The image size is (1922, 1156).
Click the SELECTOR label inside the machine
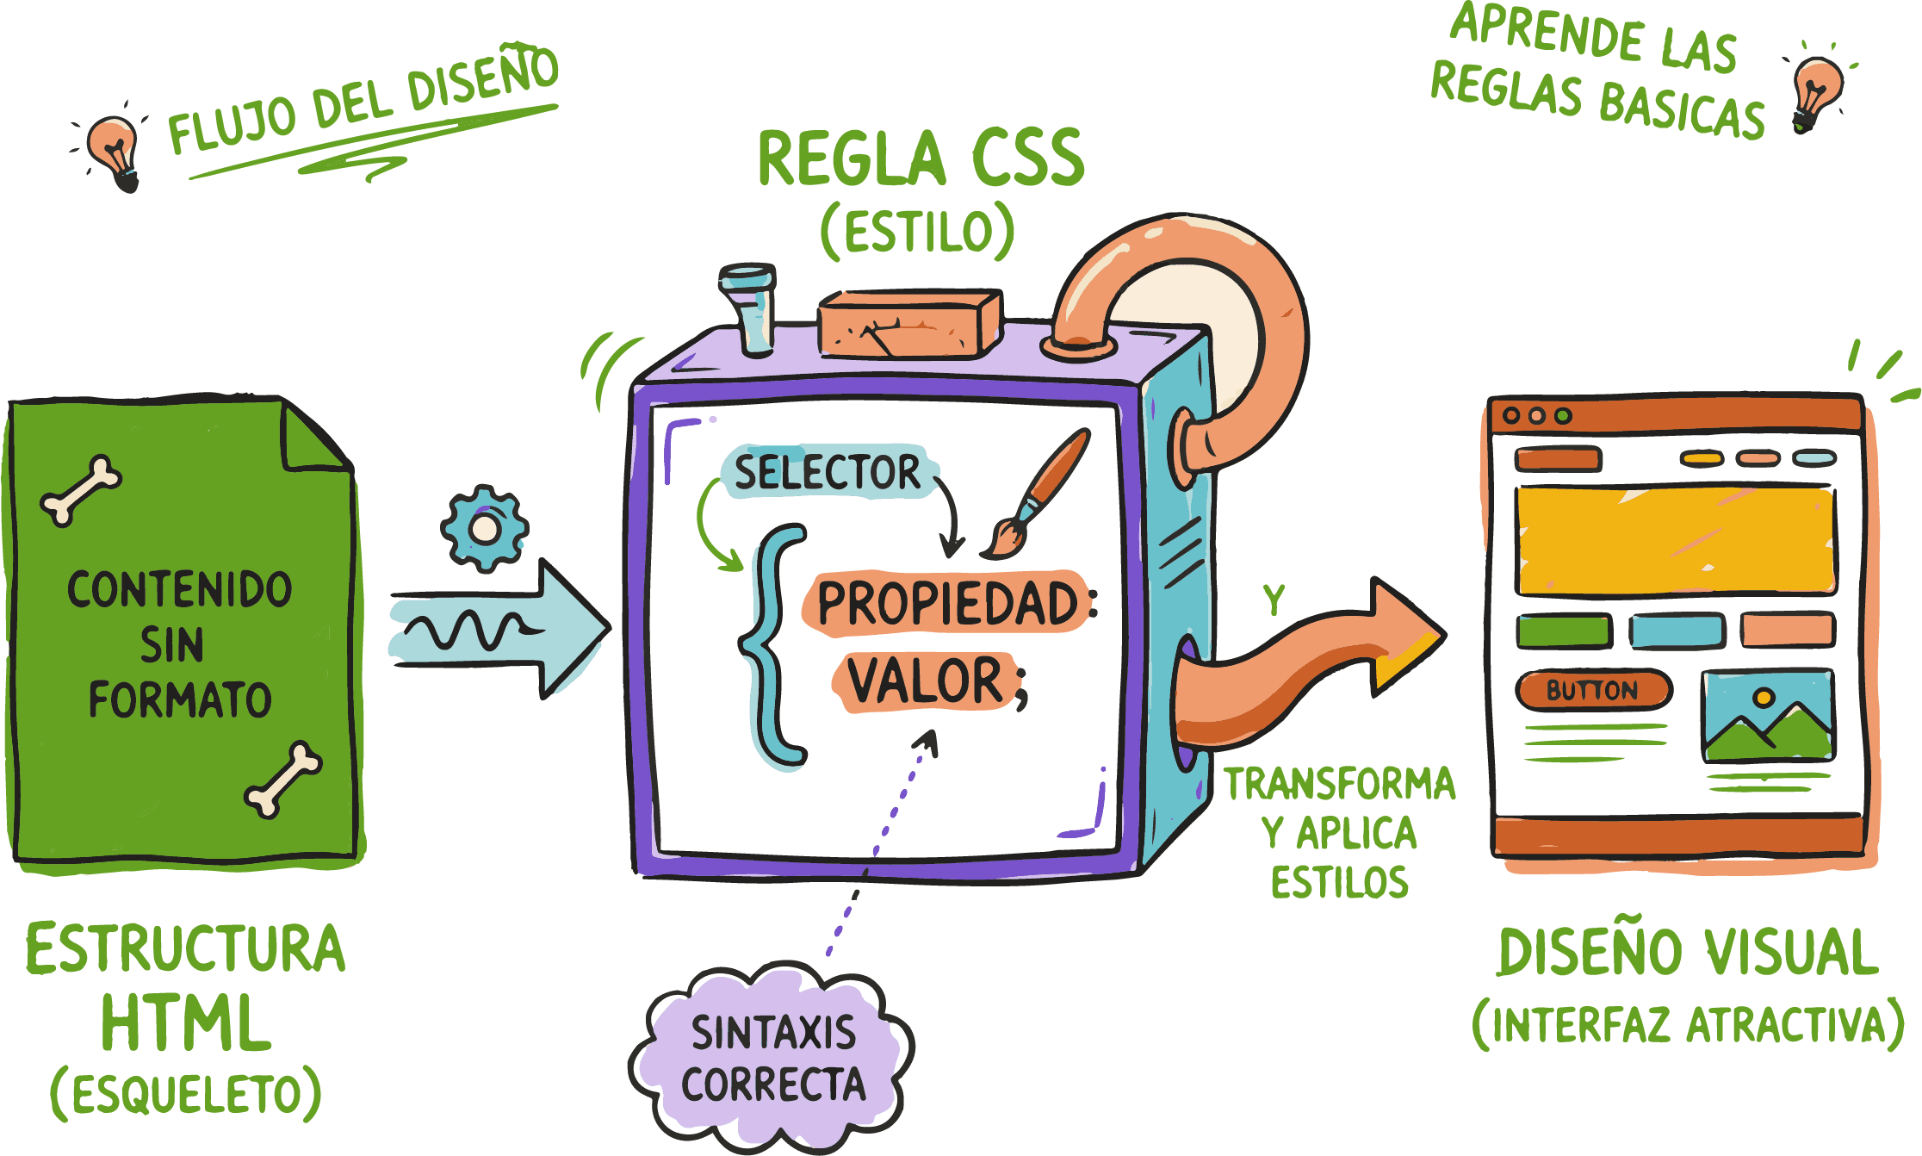(x=827, y=472)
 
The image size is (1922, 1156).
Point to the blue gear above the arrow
(x=484, y=528)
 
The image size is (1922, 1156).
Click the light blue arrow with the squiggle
(x=499, y=630)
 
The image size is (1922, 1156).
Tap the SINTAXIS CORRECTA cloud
(x=772, y=1058)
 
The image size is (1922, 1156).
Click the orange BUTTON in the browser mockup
(x=1592, y=691)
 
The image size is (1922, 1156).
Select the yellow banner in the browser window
(x=1675, y=541)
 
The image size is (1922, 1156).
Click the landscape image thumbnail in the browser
(x=1768, y=716)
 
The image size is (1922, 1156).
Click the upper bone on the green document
(x=81, y=490)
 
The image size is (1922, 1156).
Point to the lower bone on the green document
(x=282, y=779)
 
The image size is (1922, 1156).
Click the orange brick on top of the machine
(x=909, y=324)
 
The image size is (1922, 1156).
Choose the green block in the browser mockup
(x=1563, y=631)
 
